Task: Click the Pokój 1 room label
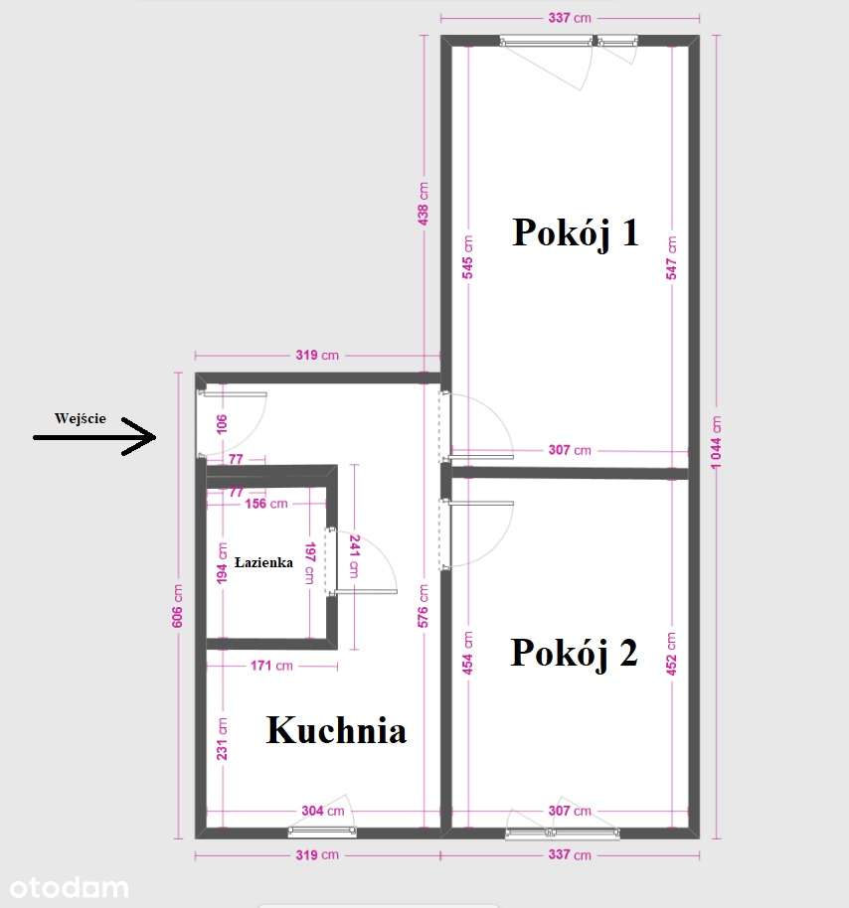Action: [x=575, y=232]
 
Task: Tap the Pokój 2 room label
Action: [x=574, y=654]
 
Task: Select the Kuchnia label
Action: [x=336, y=731]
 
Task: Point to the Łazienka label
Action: [x=263, y=562]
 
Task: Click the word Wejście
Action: [x=81, y=418]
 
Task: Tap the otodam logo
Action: [x=65, y=886]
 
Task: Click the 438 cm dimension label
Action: [x=424, y=203]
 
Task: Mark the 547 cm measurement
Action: [x=672, y=255]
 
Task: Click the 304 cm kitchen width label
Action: [x=324, y=811]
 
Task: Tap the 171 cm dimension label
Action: [x=270, y=666]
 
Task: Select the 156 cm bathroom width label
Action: [x=265, y=504]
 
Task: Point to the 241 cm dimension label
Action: [x=352, y=557]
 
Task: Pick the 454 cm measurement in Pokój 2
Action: [x=466, y=654]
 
